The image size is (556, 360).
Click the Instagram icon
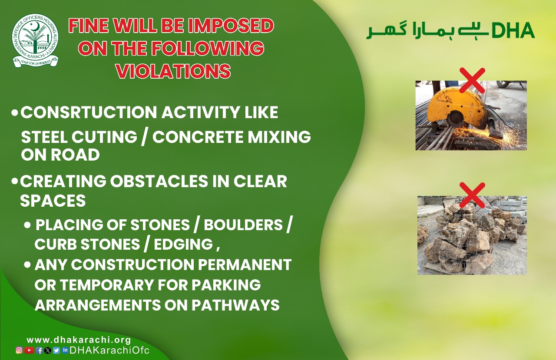(x=19, y=350)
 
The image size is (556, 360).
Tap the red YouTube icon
(x=29, y=350)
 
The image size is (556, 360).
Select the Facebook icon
(x=39, y=350)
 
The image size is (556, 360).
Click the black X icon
(x=48, y=350)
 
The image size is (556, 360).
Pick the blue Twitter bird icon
(x=56, y=350)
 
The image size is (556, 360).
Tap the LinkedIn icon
(x=65, y=350)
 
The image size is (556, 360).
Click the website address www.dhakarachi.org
(x=79, y=340)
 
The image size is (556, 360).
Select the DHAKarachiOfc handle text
(x=109, y=350)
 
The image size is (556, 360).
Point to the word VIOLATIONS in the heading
(x=173, y=71)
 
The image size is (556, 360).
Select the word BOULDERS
(x=243, y=225)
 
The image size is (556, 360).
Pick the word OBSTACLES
(x=159, y=181)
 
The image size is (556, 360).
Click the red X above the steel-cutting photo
(x=472, y=80)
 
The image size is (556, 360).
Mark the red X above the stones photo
(x=472, y=195)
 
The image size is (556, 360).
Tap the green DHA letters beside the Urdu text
(x=513, y=30)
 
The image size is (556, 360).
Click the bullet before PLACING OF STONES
(x=27, y=225)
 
